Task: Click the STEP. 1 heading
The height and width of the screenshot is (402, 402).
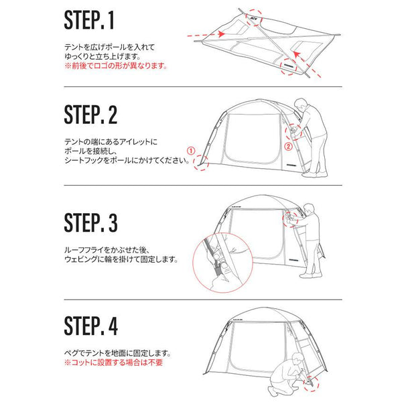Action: click(x=90, y=21)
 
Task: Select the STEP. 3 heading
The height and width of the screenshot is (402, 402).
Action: click(x=90, y=222)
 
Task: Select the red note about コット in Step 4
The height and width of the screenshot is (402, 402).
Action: click(x=113, y=362)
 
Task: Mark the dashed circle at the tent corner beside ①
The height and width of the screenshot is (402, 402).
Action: click(x=201, y=163)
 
